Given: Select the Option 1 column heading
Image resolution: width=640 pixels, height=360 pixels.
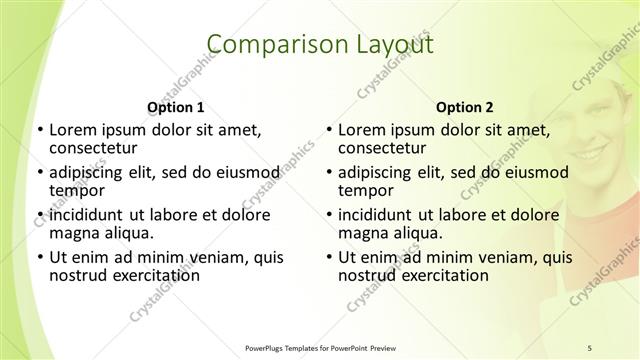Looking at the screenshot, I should [175, 107].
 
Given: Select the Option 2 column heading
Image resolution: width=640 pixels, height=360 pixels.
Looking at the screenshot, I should [464, 107].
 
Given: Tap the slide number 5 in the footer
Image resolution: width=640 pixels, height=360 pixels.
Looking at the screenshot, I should [590, 347].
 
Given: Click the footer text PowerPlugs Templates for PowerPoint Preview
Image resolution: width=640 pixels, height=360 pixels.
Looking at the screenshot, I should [320, 347].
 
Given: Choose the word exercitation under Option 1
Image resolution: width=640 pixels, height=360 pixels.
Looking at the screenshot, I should [151, 275].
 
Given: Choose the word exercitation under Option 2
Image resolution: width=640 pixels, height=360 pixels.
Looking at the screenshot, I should [440, 275].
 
